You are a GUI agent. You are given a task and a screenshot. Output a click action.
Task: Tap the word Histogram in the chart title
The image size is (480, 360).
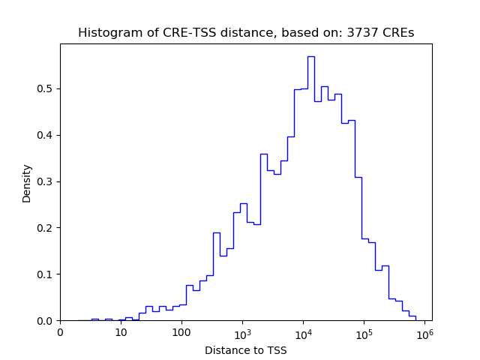(106, 33)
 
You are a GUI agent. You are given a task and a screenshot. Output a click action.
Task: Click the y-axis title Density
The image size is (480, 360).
(27, 183)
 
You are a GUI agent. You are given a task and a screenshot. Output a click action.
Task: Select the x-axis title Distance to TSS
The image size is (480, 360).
(246, 350)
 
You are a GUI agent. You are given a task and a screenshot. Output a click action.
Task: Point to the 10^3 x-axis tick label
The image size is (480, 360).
(242, 332)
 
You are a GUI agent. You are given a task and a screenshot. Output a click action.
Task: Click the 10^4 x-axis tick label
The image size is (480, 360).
(303, 332)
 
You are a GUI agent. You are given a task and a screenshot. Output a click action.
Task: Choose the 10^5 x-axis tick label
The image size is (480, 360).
(364, 332)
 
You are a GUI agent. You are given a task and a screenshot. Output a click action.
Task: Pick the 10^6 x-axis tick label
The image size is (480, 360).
(424, 332)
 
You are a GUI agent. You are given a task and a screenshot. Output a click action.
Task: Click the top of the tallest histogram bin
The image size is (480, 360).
(310, 56)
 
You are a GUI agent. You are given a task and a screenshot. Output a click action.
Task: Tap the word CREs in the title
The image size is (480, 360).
(396, 33)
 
